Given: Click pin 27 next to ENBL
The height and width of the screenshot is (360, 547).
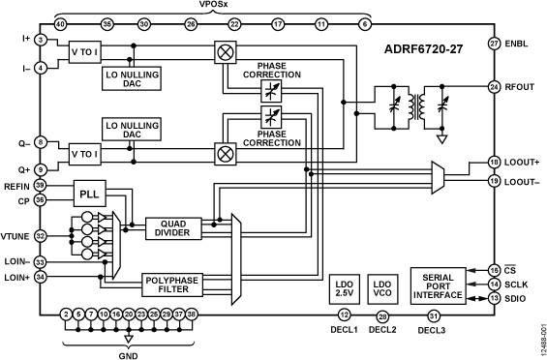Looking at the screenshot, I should [494, 45].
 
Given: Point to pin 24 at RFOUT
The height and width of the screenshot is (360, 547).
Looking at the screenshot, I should [494, 86].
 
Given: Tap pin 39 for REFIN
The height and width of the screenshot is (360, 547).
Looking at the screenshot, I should [41, 185].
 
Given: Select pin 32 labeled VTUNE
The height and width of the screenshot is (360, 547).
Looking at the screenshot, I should [41, 235].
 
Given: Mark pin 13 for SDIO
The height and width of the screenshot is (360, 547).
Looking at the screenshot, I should [494, 299].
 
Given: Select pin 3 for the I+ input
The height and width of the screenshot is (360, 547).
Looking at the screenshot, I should [41, 40].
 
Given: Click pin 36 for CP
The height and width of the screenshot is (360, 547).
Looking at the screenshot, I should [41, 201].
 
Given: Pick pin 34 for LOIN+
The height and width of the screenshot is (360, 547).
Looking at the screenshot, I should [41, 278].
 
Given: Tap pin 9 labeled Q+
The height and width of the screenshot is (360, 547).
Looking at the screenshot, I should [41, 170].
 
